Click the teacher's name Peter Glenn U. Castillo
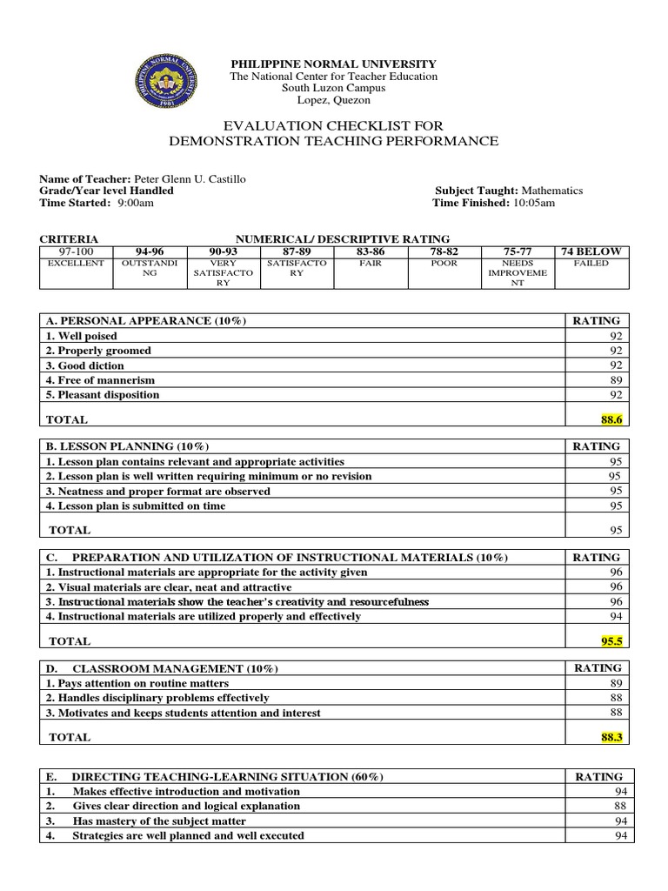(189, 178)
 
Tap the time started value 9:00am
(135, 203)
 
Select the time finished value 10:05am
(533, 203)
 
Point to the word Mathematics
(551, 191)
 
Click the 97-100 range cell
(76, 251)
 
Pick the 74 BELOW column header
(591, 251)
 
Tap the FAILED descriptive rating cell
(591, 263)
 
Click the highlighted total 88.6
(611, 419)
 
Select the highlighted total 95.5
(611, 640)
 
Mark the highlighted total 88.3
(611, 736)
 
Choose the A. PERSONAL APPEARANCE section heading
(145, 321)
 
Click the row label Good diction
(84, 365)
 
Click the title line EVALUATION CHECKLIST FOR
(333, 126)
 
